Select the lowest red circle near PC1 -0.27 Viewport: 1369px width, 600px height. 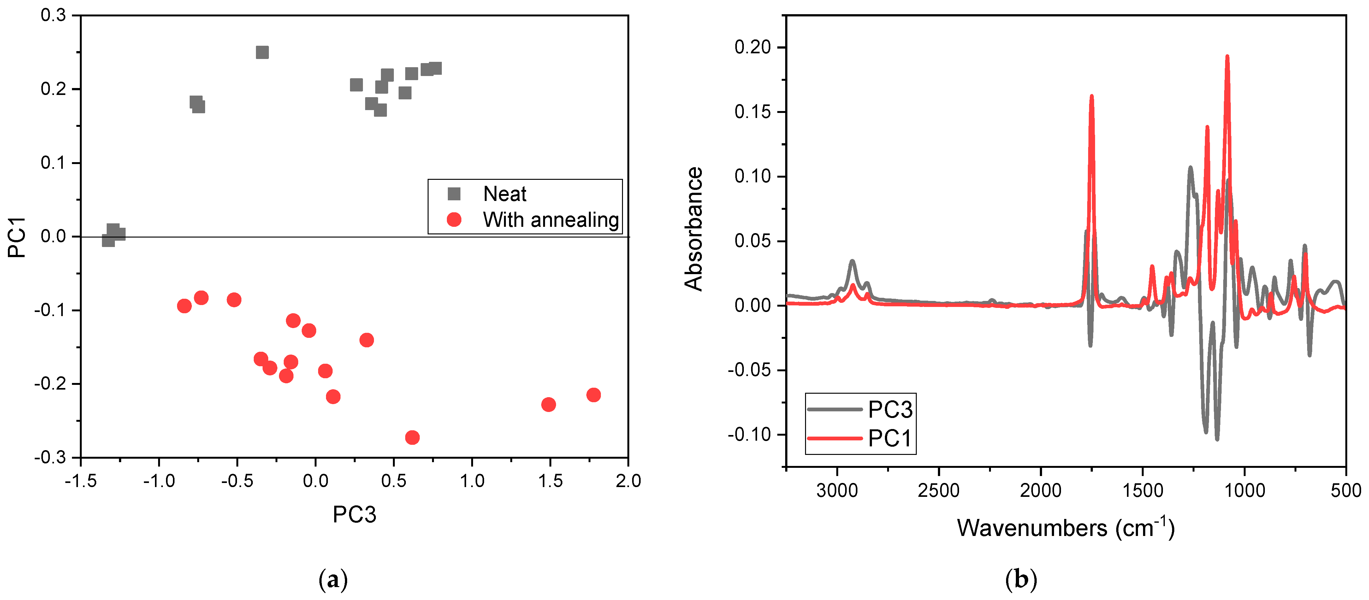click(412, 437)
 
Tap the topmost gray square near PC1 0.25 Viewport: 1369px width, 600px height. click(262, 52)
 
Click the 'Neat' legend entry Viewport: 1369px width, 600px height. click(504, 194)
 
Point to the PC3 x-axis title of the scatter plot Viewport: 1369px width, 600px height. click(354, 515)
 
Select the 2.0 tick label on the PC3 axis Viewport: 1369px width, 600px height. click(628, 481)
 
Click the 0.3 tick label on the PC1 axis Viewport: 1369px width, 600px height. click(53, 15)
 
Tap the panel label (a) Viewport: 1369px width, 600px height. click(333, 579)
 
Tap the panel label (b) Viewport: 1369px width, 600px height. click(1021, 579)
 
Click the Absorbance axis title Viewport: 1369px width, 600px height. click(694, 229)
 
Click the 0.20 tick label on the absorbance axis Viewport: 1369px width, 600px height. click(752, 47)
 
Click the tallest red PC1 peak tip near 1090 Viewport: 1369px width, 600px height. click(1227, 56)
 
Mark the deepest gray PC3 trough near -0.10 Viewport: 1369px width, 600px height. click(1217, 439)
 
